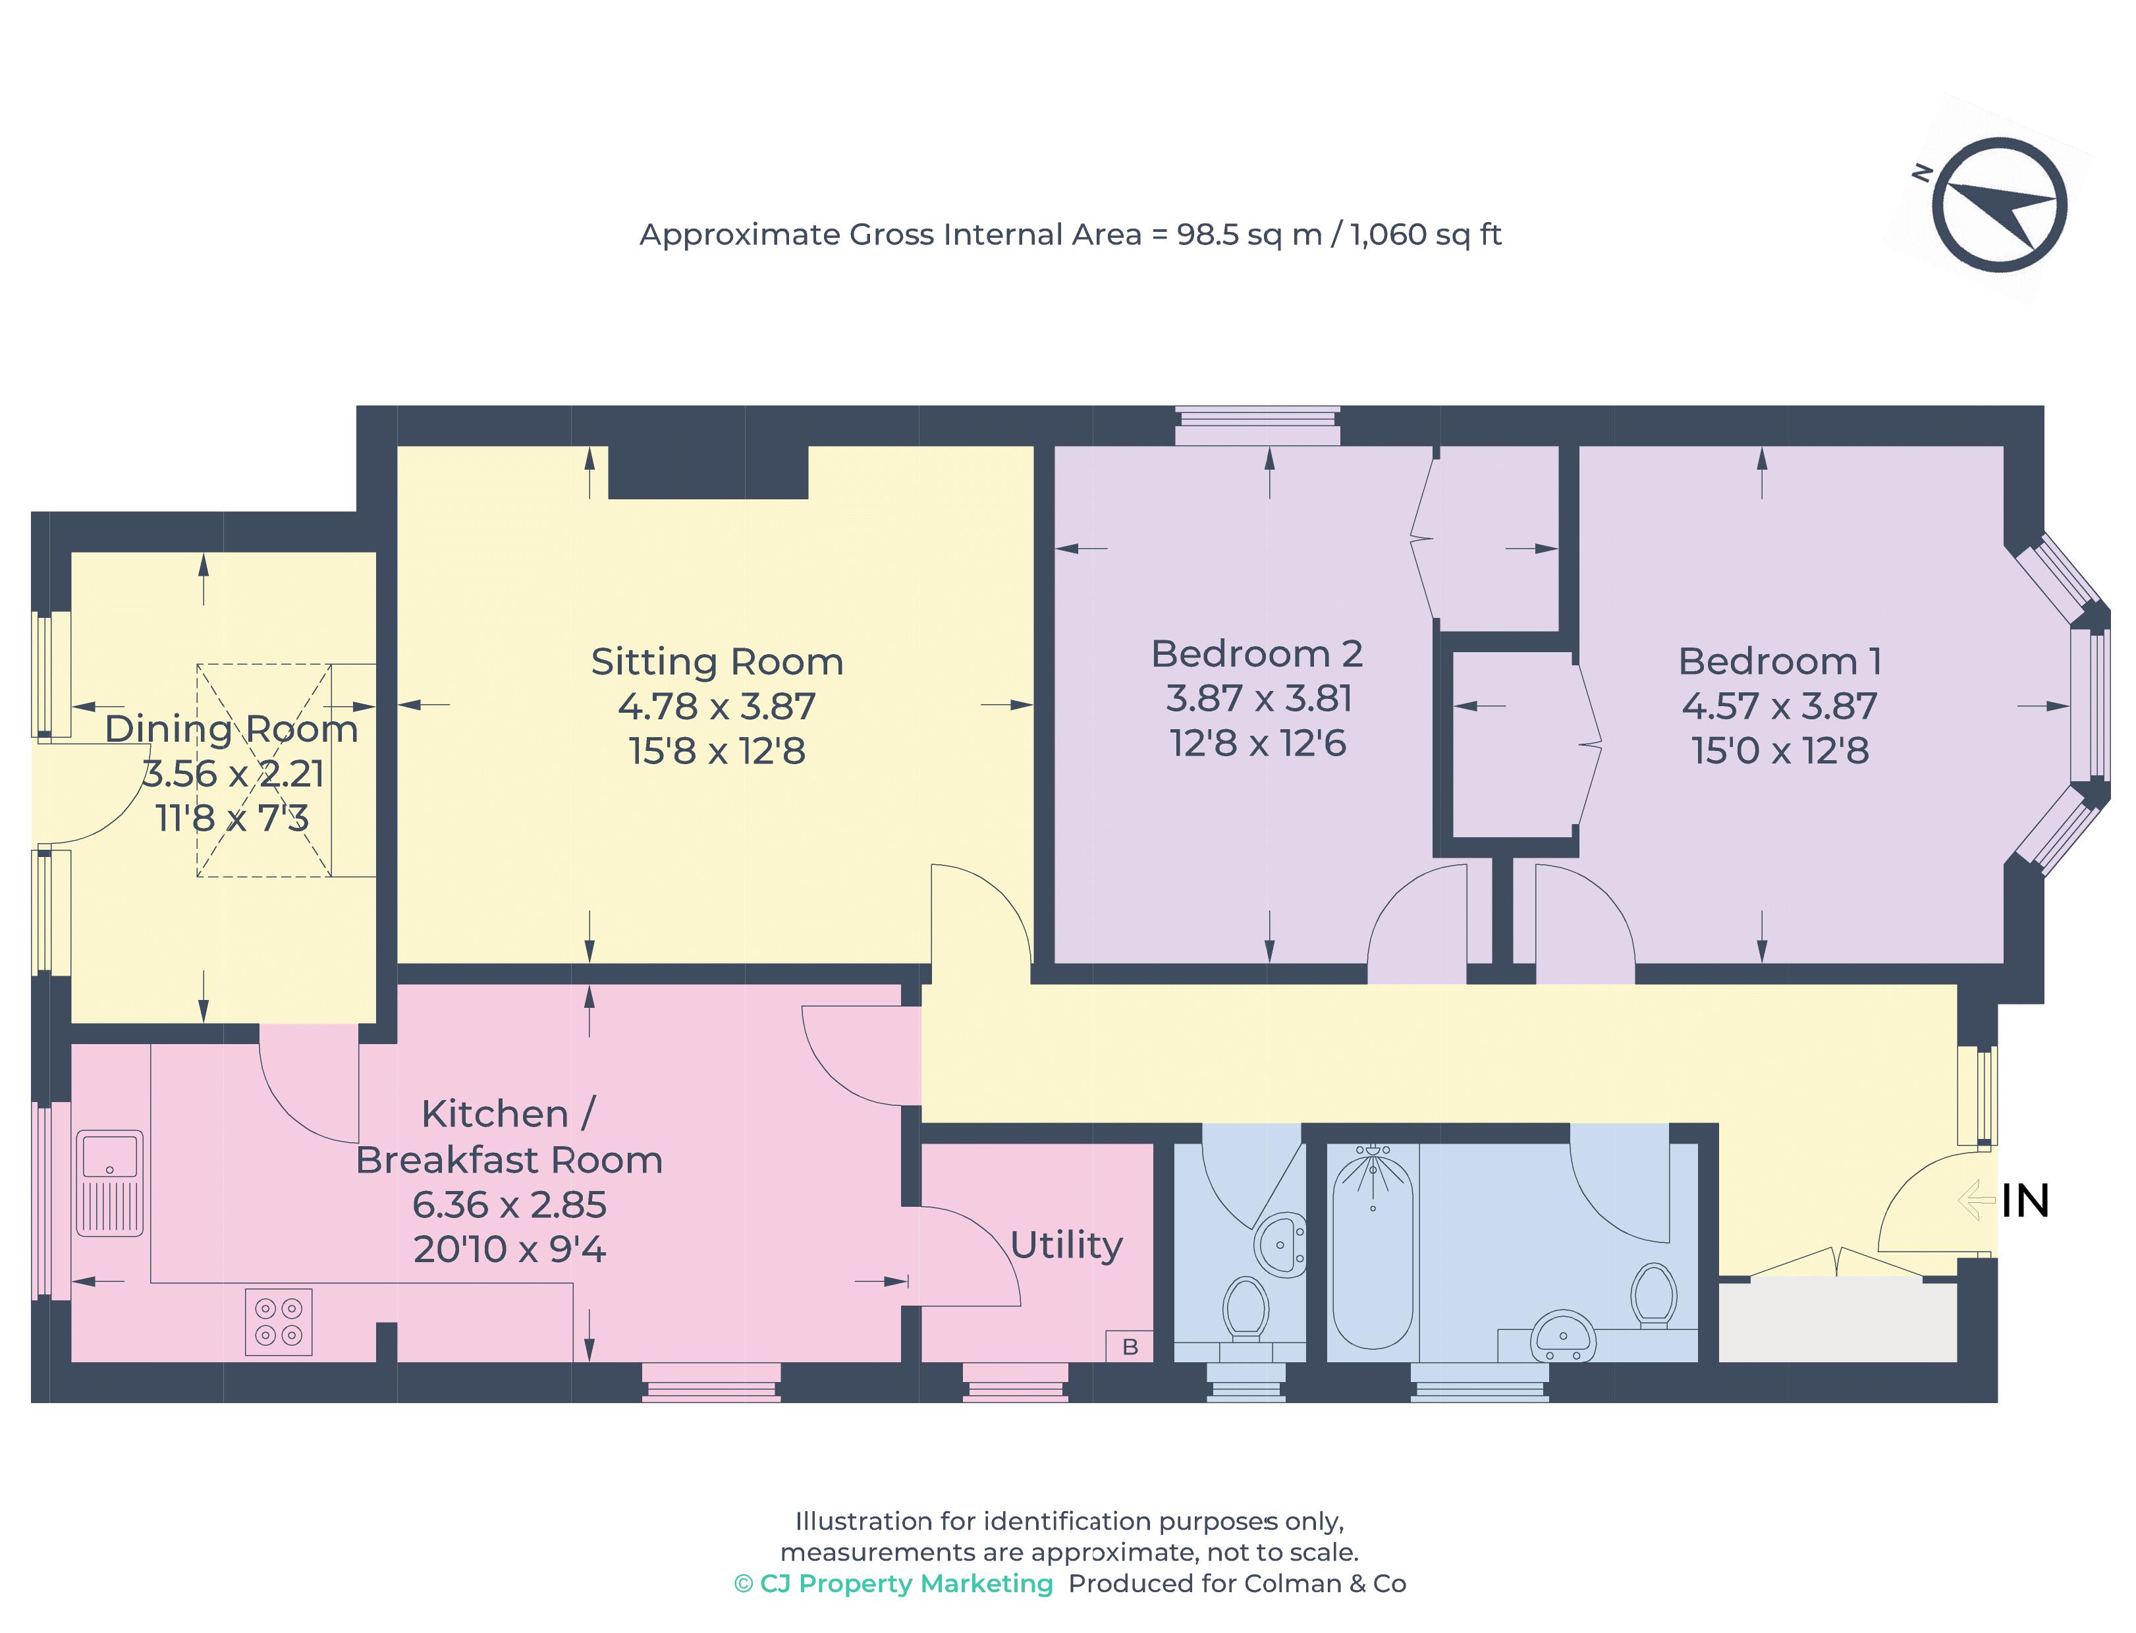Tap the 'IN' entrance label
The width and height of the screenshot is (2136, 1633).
click(x=2023, y=1202)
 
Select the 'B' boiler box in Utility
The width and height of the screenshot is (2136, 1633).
click(x=1128, y=1346)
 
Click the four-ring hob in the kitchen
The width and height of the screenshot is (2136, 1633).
click(x=278, y=1322)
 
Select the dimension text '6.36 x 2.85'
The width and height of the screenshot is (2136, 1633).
click(x=508, y=1204)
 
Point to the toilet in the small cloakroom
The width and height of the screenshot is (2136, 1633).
click(x=1244, y=1308)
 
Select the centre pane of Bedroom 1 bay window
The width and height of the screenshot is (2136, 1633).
click(x=2087, y=705)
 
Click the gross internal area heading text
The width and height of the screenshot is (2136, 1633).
click(x=1069, y=235)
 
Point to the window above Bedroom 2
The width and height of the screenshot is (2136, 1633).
click(x=1257, y=426)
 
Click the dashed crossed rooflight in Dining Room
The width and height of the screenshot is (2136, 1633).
click(x=263, y=770)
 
